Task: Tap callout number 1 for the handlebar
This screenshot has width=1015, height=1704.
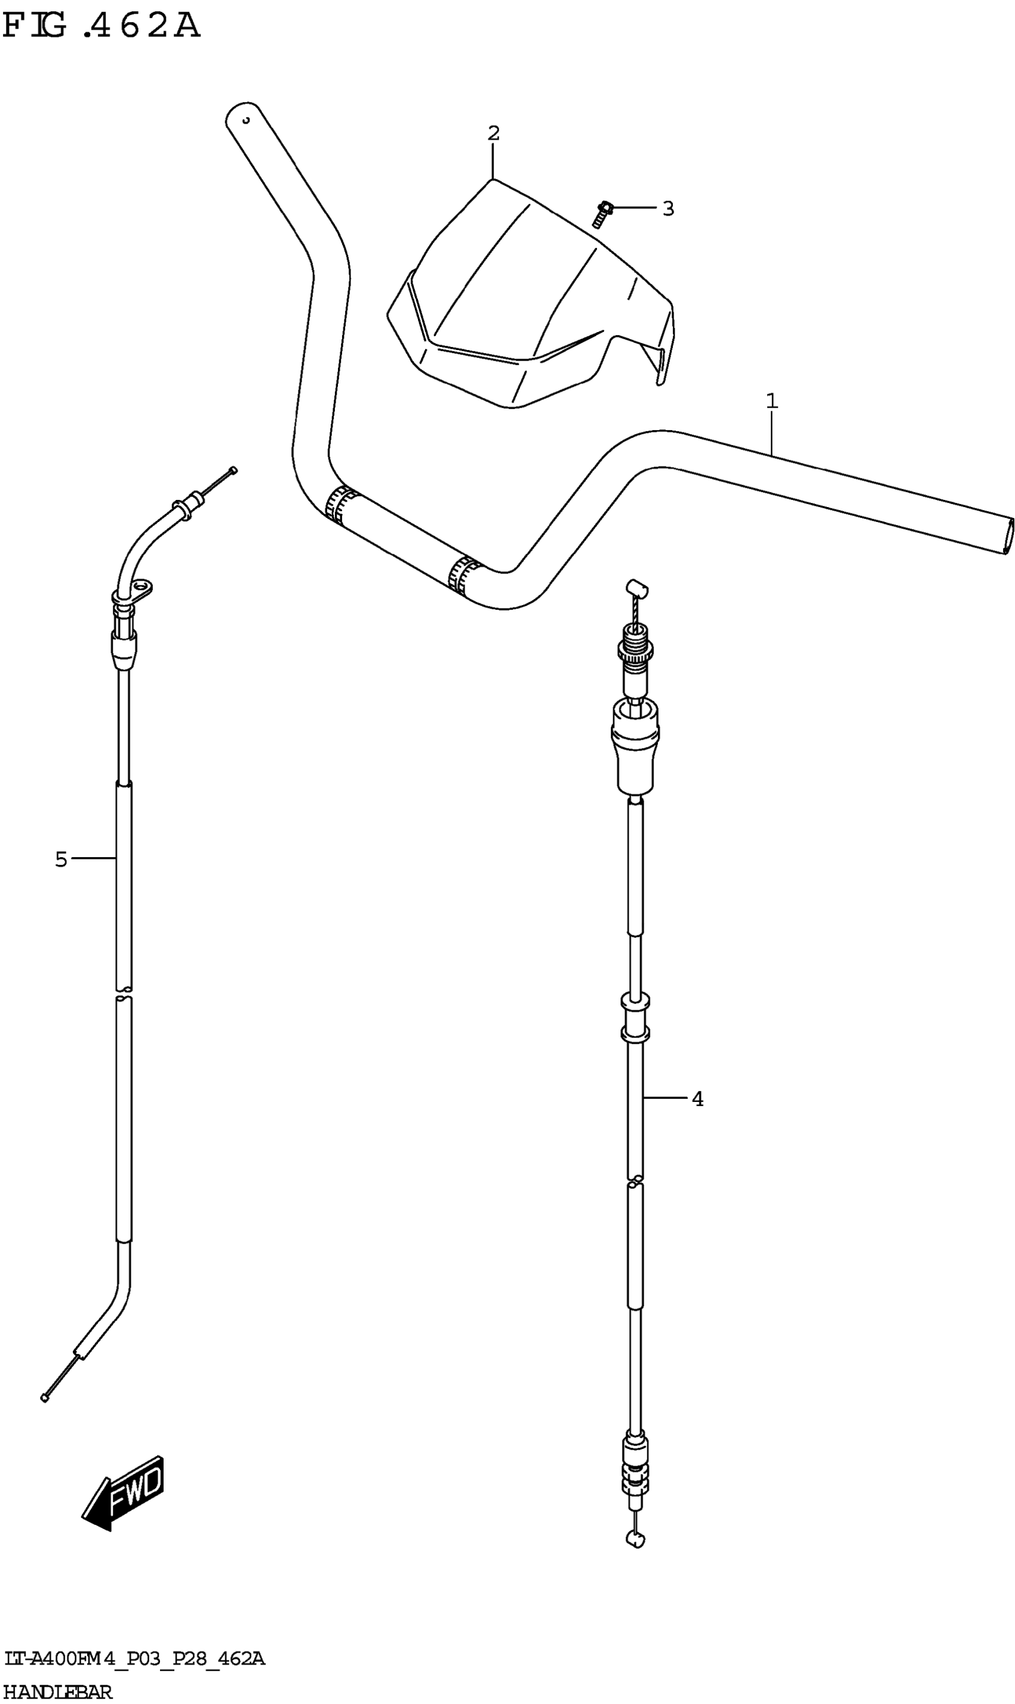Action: point(771,401)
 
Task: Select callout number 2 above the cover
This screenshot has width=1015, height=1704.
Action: point(493,133)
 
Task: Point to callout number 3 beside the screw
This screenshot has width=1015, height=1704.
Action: point(668,208)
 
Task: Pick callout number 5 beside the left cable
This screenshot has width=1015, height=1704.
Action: point(61,859)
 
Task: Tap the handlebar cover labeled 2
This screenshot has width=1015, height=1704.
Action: point(531,294)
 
